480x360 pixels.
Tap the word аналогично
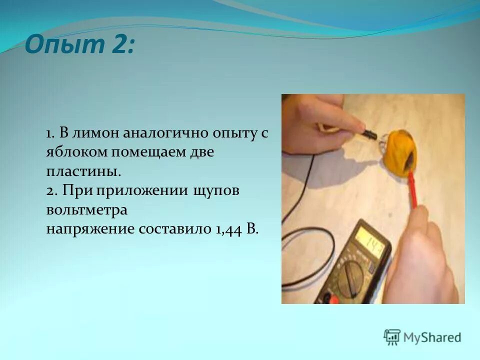click(x=161, y=134)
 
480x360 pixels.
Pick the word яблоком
click(x=73, y=152)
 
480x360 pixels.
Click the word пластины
click(x=83, y=171)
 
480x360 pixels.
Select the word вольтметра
click(x=87, y=210)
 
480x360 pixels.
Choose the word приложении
click(x=142, y=191)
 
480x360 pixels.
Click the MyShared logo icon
click(x=392, y=337)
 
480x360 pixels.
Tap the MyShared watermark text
click(x=432, y=338)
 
